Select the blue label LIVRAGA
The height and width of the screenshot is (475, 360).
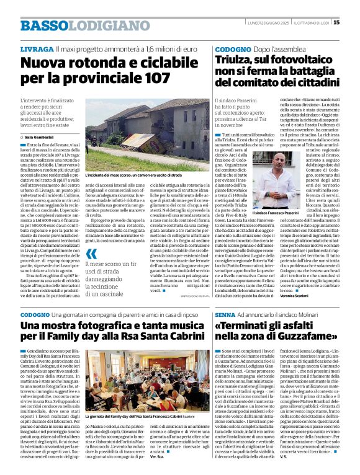point(36,48)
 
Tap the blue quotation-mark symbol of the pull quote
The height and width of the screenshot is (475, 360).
point(92,253)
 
